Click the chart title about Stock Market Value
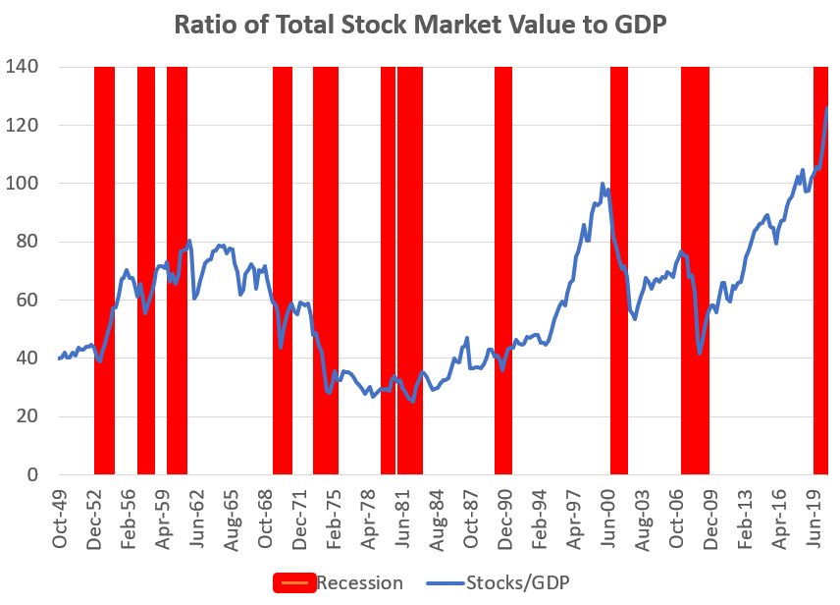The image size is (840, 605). (x=420, y=25)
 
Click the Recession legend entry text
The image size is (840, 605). (x=359, y=582)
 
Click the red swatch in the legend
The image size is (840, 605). (x=293, y=582)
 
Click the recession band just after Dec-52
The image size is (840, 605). (x=104, y=270)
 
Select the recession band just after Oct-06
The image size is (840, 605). (x=695, y=270)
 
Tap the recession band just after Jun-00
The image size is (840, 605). (x=619, y=270)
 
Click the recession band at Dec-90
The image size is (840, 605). (x=503, y=270)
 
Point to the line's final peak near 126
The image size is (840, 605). (x=827, y=107)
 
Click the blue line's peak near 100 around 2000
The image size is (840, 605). (x=603, y=184)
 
